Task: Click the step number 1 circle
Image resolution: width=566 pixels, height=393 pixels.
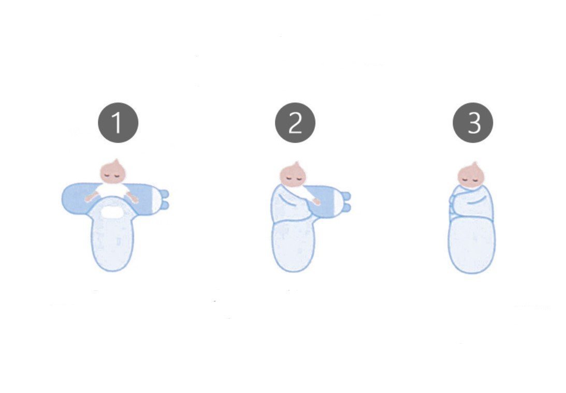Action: point(118,123)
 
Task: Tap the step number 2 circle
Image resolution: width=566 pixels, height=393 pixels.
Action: point(295,123)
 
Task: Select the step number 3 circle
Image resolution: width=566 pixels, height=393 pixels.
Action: point(473,123)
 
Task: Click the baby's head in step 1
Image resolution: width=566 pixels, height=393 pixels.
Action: point(113,172)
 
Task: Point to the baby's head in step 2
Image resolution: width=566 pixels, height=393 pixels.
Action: point(293,174)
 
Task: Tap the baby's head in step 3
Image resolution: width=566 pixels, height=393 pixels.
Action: point(471,174)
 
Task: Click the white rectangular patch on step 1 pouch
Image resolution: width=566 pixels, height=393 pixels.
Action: point(112,212)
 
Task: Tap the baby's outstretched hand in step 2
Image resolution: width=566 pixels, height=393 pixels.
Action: point(316,202)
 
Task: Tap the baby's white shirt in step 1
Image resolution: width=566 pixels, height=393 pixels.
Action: point(112,190)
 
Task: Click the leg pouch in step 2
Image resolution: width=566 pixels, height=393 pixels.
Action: point(294,245)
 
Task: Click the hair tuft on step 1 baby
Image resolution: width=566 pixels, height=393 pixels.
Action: point(116,162)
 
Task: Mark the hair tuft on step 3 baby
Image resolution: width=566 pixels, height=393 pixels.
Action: point(474,165)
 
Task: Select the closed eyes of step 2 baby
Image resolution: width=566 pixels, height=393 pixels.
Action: point(294,178)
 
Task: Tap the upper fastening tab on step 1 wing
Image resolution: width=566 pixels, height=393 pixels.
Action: point(164,194)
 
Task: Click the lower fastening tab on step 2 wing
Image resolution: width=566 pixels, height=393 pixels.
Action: point(346,207)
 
